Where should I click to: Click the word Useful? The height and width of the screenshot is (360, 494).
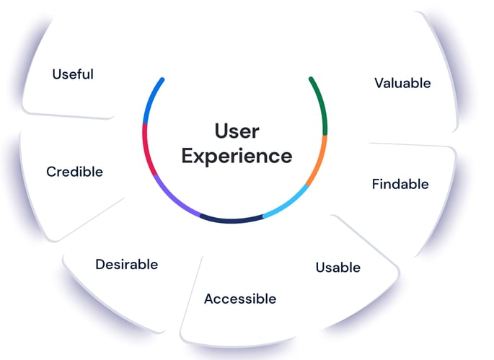[73, 74]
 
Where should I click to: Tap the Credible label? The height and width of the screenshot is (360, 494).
[74, 172]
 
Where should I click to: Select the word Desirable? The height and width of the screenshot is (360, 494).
[126, 264]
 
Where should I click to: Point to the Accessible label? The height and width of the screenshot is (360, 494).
[239, 298]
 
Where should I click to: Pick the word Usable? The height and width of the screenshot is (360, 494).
[338, 268]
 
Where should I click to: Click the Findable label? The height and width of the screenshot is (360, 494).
[400, 184]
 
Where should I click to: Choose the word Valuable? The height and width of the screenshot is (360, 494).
[402, 83]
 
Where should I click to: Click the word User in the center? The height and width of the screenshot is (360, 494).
[237, 131]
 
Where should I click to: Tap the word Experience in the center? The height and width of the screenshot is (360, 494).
[237, 156]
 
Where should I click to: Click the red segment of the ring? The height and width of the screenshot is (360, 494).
[147, 149]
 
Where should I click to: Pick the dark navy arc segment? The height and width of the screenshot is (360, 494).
[231, 219]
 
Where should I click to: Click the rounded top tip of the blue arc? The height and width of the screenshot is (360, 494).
[162, 80]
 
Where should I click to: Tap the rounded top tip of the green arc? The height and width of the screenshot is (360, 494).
[310, 79]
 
